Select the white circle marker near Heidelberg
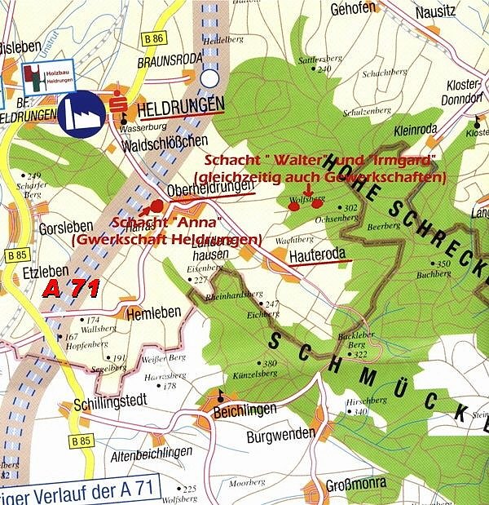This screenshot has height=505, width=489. (x=210, y=78)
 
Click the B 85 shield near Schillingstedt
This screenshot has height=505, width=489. (x=79, y=441)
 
